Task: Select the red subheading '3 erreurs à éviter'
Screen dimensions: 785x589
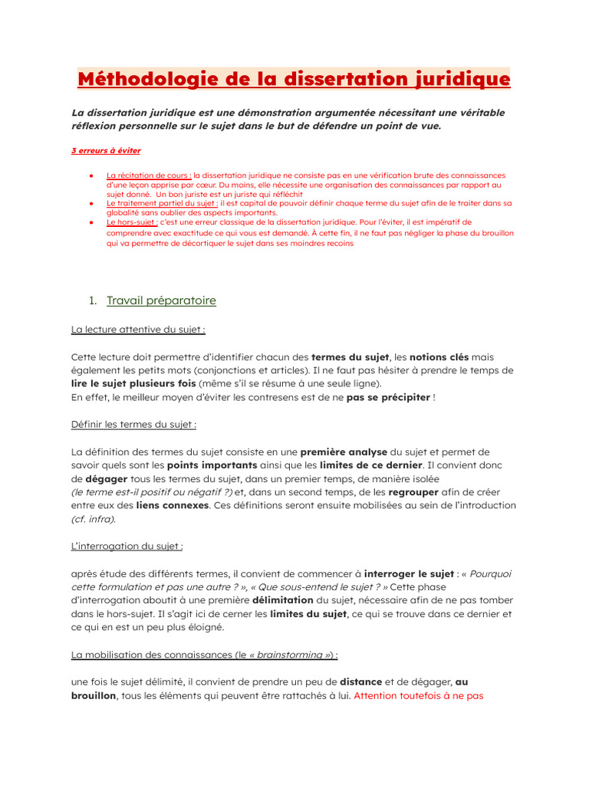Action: pos(106,151)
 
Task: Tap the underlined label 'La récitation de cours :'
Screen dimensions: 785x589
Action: pos(149,175)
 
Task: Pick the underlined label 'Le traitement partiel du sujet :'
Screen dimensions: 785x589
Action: pos(163,203)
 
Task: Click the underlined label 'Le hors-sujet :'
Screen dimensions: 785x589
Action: pos(133,222)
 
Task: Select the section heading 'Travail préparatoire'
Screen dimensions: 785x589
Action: pos(161,301)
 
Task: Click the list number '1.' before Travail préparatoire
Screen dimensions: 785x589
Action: pos(95,301)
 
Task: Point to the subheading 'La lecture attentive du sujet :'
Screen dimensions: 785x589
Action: pos(138,330)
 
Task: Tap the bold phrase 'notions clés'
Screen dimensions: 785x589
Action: pos(439,357)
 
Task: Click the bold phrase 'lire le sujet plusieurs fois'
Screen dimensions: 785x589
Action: pos(133,383)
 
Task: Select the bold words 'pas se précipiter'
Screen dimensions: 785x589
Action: pos(388,396)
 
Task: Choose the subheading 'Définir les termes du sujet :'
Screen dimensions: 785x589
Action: pos(133,424)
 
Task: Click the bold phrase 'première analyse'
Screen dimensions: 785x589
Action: pos(344,452)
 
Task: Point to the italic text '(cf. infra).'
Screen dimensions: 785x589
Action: pos(94,519)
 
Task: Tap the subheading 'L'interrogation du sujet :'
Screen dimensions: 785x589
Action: pos(127,546)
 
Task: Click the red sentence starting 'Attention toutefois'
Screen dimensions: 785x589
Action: pos(418,696)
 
